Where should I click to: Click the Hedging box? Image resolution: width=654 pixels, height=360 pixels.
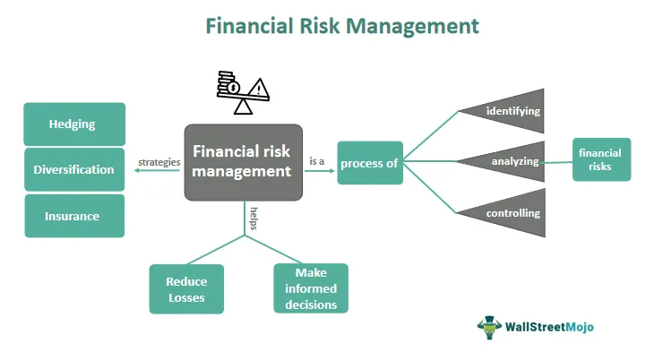(x=74, y=124)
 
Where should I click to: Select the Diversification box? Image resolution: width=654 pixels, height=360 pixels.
(x=74, y=170)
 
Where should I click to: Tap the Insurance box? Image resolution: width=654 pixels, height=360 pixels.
(x=74, y=216)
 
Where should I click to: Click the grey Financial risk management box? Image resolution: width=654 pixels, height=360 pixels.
(x=244, y=162)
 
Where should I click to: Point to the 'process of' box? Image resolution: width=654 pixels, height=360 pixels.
(x=370, y=163)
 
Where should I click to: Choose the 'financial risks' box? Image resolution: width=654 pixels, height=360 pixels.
(x=601, y=159)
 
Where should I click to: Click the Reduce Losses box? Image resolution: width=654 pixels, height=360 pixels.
(x=185, y=288)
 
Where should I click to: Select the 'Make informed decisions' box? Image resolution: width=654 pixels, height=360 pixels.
(x=310, y=288)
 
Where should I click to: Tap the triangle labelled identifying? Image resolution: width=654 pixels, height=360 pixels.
(x=510, y=111)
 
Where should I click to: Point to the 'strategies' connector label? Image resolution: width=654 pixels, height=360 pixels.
(x=159, y=163)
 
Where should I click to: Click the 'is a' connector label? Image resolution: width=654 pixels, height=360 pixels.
(x=317, y=161)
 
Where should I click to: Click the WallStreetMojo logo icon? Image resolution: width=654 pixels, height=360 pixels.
(x=490, y=328)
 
